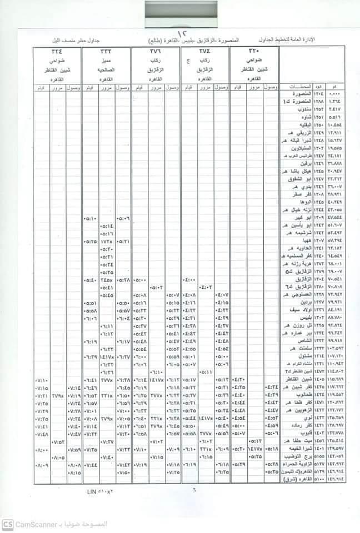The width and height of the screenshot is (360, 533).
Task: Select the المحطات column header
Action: point(300,87)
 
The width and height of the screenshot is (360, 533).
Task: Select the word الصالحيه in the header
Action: point(106,71)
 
